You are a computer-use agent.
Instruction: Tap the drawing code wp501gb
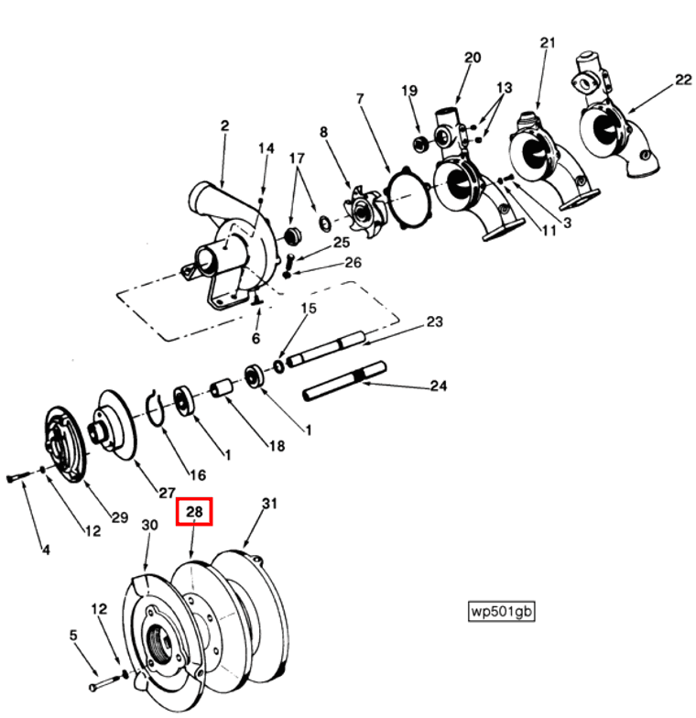pos(500,611)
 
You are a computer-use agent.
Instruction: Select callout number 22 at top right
pos(683,80)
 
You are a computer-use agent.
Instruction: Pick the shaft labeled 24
pos(343,382)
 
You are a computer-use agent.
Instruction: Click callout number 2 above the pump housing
pos(223,126)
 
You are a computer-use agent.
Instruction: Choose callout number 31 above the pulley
pos(269,503)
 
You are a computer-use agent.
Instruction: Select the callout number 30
pos(149,525)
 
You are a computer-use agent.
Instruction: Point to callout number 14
pos(266,148)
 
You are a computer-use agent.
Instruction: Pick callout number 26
pos(353,263)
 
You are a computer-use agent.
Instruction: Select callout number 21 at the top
pos(548,43)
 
